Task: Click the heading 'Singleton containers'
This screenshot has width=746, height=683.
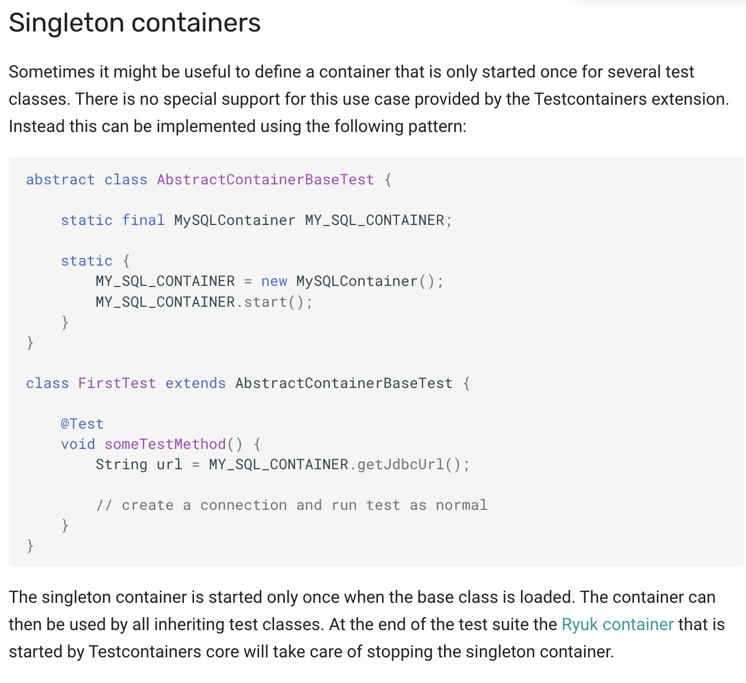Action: pos(135,23)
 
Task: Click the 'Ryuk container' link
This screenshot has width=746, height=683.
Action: pos(617,624)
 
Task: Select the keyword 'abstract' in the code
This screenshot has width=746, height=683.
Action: pos(60,180)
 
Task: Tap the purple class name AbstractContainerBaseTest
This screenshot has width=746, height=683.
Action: pos(265,180)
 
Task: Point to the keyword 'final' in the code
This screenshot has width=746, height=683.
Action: pos(143,220)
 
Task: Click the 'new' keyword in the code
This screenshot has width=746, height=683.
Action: pos(274,281)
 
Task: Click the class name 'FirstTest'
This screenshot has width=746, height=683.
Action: pos(117,383)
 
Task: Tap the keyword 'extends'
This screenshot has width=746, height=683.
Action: pos(196,383)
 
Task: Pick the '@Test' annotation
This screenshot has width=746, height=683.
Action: pos(82,424)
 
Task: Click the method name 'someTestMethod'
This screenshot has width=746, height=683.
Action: pos(165,444)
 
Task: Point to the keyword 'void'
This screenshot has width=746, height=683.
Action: pos(78,444)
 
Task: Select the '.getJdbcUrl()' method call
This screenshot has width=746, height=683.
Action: pos(409,464)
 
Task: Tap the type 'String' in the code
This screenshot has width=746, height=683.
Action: pos(121,464)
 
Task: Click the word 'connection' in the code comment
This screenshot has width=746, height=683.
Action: pos(244,505)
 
